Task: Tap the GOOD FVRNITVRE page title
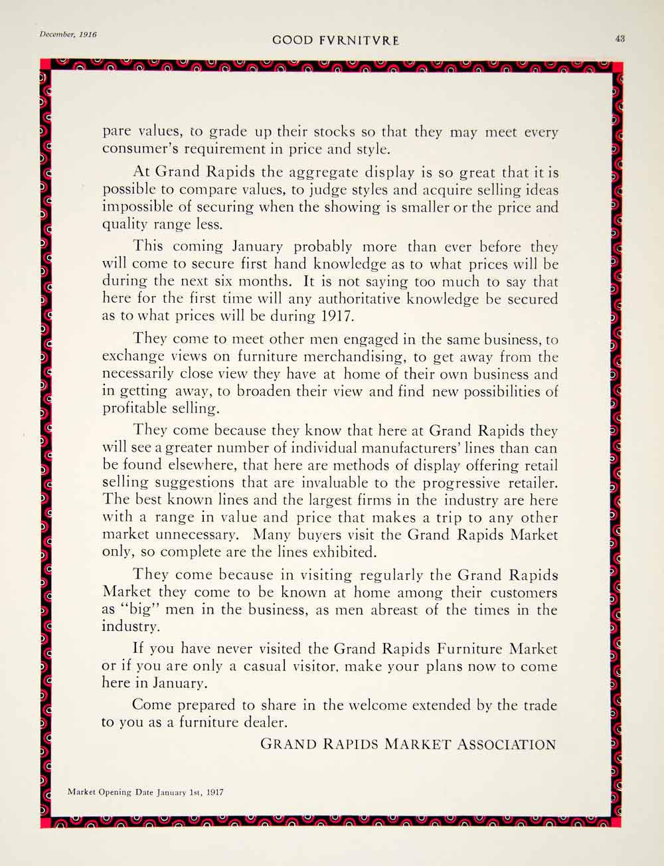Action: [336, 41]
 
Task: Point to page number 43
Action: [620, 39]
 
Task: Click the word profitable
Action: [135, 408]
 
